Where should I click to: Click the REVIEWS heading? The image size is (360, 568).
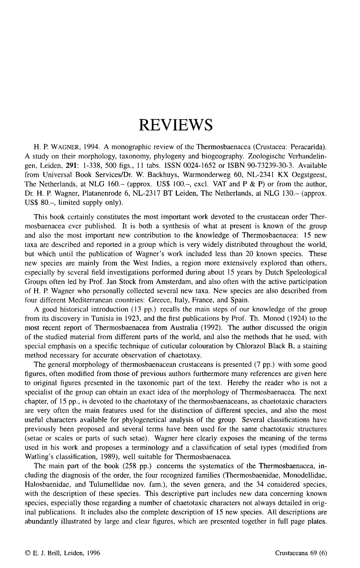coord(180,125)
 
